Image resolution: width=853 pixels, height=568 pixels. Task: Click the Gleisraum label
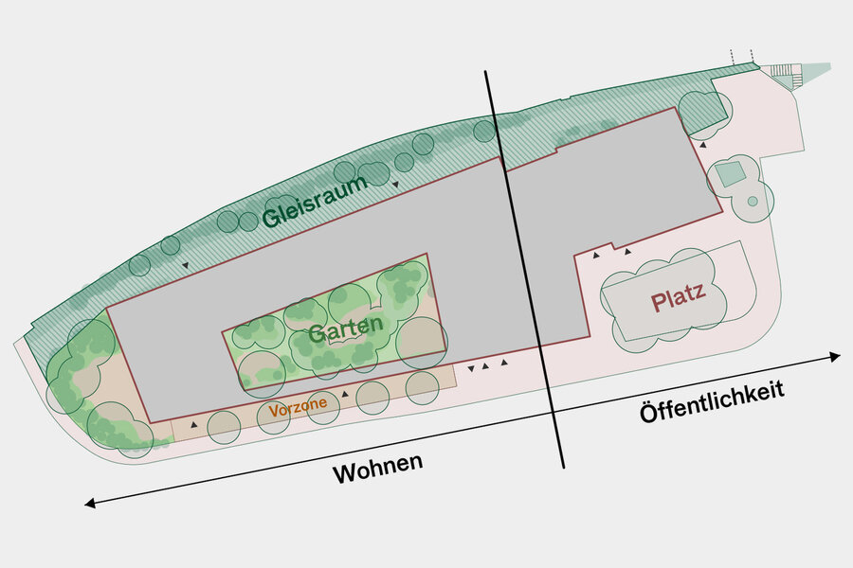pyautogui.click(x=315, y=202)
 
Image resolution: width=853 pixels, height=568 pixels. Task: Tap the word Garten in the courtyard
pyautogui.click(x=345, y=328)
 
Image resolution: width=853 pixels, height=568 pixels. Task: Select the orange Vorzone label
pyautogui.click(x=299, y=407)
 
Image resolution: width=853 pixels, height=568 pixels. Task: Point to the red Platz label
pyautogui.click(x=679, y=296)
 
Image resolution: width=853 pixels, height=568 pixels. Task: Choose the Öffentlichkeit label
pyautogui.click(x=712, y=401)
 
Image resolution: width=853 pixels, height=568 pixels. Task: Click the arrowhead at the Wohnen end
pyautogui.click(x=90, y=504)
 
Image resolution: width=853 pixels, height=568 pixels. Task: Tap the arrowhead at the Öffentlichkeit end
pyautogui.click(x=836, y=357)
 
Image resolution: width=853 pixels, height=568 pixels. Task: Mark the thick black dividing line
pyautogui.click(x=524, y=269)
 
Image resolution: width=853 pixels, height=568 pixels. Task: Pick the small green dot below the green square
pyautogui.click(x=753, y=201)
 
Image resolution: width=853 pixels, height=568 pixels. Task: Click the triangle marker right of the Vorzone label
pyautogui.click(x=344, y=394)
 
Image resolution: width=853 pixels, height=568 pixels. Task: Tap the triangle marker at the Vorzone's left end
pyautogui.click(x=194, y=424)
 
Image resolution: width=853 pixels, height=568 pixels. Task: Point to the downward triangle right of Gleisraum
pyautogui.click(x=395, y=185)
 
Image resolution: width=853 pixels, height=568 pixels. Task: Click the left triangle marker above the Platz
pyautogui.click(x=596, y=255)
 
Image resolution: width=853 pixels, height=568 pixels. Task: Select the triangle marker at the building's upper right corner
pyautogui.click(x=703, y=145)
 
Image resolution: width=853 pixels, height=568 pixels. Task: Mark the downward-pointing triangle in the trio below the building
pyautogui.click(x=471, y=368)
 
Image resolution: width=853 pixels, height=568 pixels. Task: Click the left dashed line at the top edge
pyautogui.click(x=733, y=58)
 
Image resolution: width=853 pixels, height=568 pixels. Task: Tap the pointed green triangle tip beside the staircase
pyautogui.click(x=830, y=65)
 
